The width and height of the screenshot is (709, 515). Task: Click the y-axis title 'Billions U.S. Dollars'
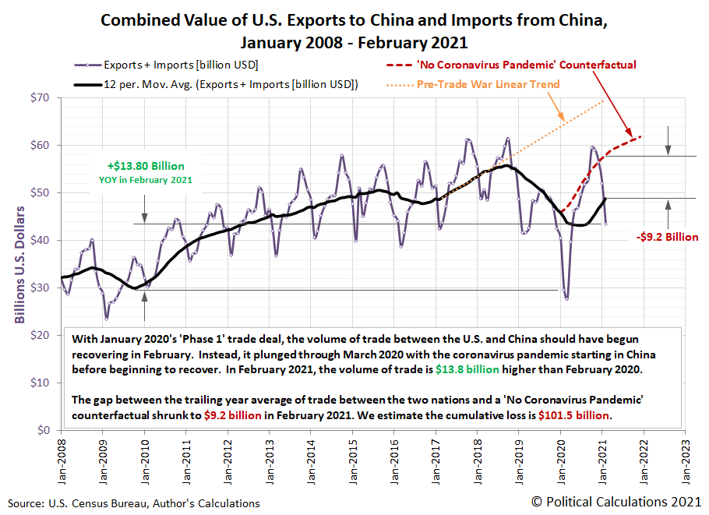coord(19,264)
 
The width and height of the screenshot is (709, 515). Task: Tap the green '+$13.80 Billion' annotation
coord(146,165)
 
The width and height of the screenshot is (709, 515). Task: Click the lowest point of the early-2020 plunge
coord(566,298)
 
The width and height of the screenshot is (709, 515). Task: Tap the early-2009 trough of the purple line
coord(106,319)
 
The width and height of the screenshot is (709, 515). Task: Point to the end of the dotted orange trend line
coord(605,101)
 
